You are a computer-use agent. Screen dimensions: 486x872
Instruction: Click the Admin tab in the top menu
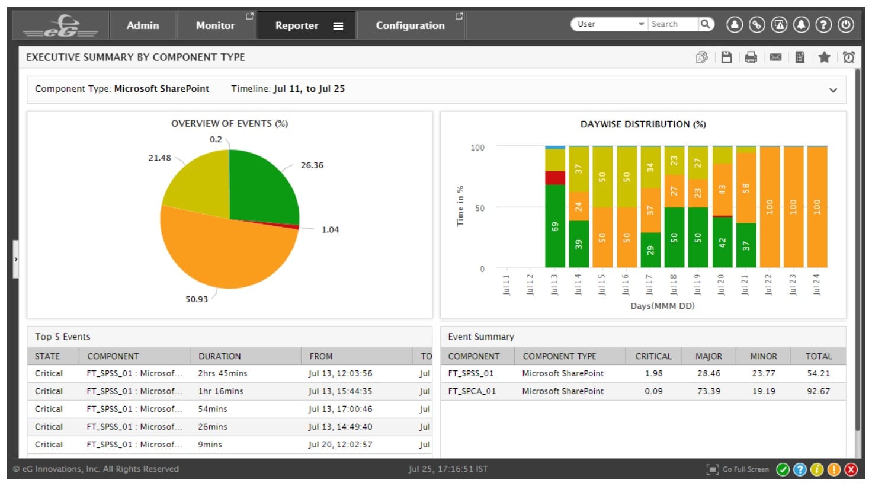coord(143,25)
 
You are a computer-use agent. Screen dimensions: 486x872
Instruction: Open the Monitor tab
coord(215,25)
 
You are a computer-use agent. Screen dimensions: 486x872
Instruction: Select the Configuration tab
coord(410,25)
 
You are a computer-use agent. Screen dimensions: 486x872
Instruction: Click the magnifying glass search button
coord(705,24)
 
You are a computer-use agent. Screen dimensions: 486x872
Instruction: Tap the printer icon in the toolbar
coord(751,57)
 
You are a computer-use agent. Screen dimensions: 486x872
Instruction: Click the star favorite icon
coord(824,57)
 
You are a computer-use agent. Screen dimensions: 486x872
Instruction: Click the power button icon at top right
coord(846,25)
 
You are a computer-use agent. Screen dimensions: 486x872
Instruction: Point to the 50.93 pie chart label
coord(197,299)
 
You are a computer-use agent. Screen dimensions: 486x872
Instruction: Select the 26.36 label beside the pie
coord(312,165)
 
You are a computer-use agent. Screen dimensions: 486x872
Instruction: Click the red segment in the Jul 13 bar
coord(554,178)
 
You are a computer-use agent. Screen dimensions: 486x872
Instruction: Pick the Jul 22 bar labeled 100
coord(769,207)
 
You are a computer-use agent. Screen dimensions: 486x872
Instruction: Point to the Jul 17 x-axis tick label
coord(649,284)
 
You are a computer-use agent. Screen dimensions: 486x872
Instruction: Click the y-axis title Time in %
coord(460,206)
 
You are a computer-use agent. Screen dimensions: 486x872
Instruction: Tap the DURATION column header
coord(219,356)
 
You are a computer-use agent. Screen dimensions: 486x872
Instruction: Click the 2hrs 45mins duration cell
coord(223,373)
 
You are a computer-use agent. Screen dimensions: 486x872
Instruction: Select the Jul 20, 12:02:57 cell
coord(340,445)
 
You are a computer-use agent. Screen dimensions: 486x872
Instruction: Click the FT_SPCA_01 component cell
coord(472,391)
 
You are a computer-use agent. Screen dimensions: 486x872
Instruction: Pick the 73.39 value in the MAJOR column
coord(708,391)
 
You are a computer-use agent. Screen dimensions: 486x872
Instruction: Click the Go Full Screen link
coord(745,469)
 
